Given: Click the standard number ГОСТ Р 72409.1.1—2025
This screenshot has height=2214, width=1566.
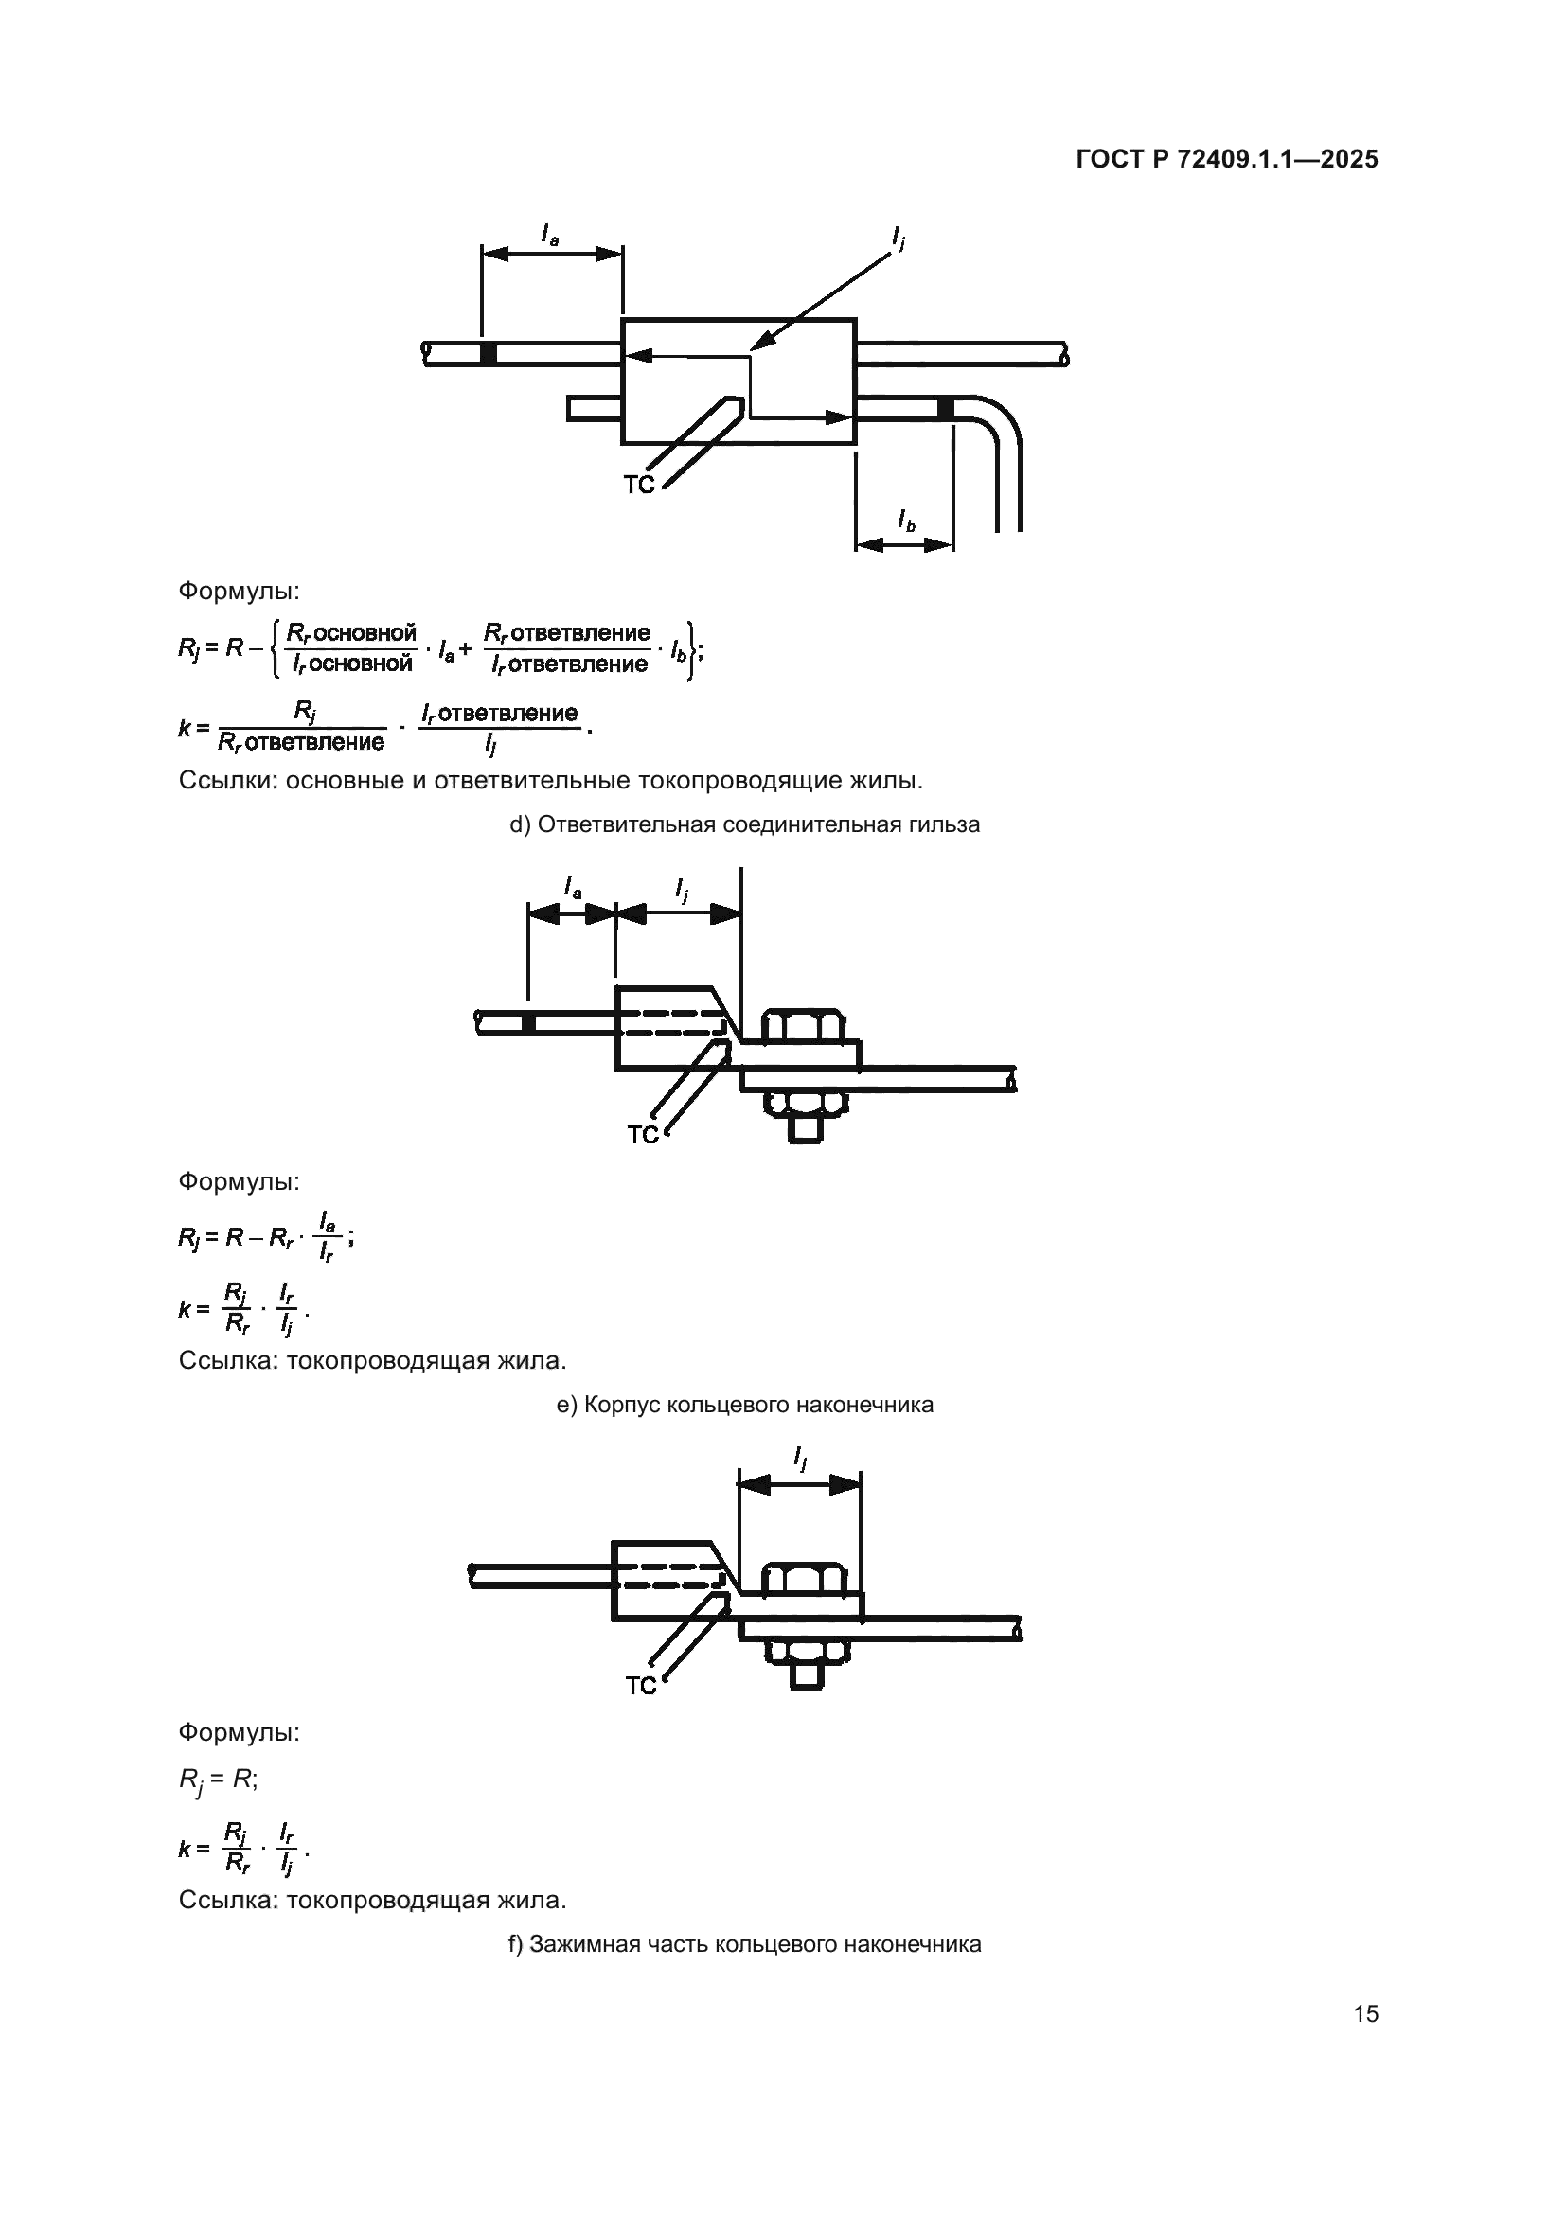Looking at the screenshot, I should click(1225, 160).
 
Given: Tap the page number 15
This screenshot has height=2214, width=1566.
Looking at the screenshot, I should click(1365, 2013).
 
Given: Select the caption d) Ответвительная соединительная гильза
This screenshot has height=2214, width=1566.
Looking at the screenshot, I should click(744, 824).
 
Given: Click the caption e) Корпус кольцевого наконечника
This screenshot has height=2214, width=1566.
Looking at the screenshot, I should click(744, 1404).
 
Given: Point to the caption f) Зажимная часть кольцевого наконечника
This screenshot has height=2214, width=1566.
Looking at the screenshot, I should click(744, 1944).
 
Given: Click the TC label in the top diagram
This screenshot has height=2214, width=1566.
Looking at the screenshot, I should click(638, 485).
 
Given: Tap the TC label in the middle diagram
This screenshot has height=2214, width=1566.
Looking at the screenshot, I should click(642, 1135).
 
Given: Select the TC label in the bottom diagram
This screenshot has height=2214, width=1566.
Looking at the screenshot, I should click(640, 1686).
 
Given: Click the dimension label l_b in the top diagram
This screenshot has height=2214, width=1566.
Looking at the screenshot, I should click(906, 522).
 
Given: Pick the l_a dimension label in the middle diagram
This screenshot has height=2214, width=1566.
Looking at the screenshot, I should click(573, 886).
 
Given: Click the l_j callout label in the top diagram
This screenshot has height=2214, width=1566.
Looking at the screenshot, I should click(899, 237).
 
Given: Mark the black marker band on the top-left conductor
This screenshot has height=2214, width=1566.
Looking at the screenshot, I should click(489, 353).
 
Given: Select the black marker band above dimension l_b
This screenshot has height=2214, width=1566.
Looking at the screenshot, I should click(946, 409).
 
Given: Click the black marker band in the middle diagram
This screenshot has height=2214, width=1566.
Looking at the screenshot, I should click(528, 1023).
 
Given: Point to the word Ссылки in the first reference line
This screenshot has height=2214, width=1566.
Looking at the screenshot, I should click(227, 780).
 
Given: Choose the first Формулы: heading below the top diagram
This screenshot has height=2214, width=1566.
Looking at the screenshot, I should click(239, 590).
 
